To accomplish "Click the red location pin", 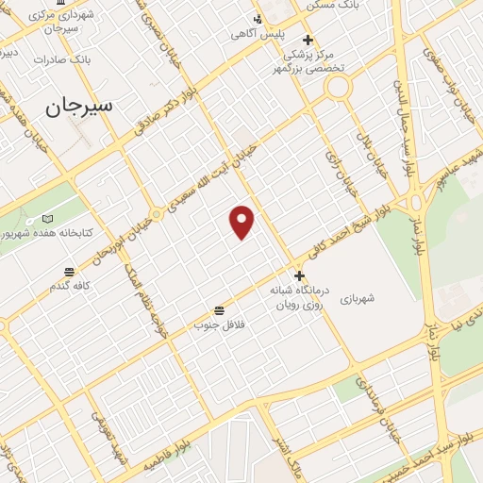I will pyautogui.click(x=242, y=222).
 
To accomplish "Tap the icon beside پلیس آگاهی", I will pyautogui.click(x=258, y=19).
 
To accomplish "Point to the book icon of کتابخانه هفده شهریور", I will pyautogui.click(x=48, y=219).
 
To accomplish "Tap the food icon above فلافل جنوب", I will pyautogui.click(x=220, y=310).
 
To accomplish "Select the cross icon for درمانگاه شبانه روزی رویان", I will pyautogui.click(x=300, y=276).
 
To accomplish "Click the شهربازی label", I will pyautogui.click(x=359, y=298).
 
